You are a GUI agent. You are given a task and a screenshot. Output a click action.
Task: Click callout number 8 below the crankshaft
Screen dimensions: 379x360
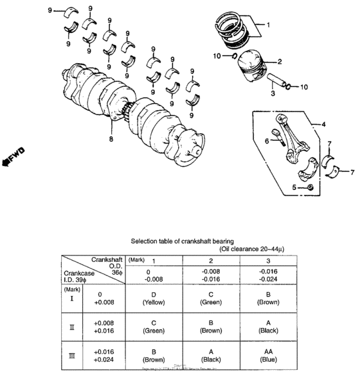tap(111, 138)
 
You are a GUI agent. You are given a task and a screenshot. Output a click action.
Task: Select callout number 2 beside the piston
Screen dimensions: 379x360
tap(280, 62)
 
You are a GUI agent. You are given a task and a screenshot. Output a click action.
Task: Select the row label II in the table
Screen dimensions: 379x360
tap(71, 327)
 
